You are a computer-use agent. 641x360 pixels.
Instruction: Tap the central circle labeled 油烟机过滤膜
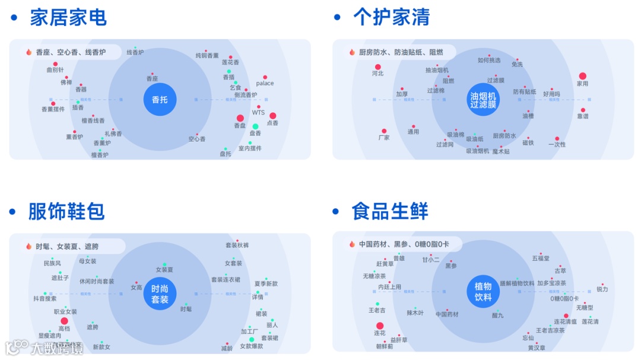(483, 100)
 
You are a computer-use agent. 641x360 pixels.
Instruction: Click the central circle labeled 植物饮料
(483, 292)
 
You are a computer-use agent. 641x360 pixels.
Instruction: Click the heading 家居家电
(68, 18)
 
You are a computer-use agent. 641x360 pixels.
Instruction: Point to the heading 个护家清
(391, 18)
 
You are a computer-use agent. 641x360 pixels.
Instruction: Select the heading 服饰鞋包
(66, 211)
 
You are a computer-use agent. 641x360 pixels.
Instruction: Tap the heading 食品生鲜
(389, 211)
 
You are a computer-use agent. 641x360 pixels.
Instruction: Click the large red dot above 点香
(273, 116)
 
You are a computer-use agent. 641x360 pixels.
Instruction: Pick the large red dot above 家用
(583, 76)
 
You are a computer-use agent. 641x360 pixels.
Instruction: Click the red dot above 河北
(378, 67)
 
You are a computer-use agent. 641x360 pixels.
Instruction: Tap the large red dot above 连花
(380, 326)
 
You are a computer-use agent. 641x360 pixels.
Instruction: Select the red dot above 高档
(64, 321)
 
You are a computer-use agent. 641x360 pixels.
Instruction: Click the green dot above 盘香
(255, 126)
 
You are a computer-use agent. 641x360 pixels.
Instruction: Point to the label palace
(265, 84)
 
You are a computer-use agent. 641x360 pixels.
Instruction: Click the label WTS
(258, 113)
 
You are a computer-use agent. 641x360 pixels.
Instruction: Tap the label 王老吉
(377, 310)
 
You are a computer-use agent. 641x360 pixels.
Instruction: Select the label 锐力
(602, 289)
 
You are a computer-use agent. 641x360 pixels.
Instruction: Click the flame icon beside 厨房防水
(352, 52)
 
